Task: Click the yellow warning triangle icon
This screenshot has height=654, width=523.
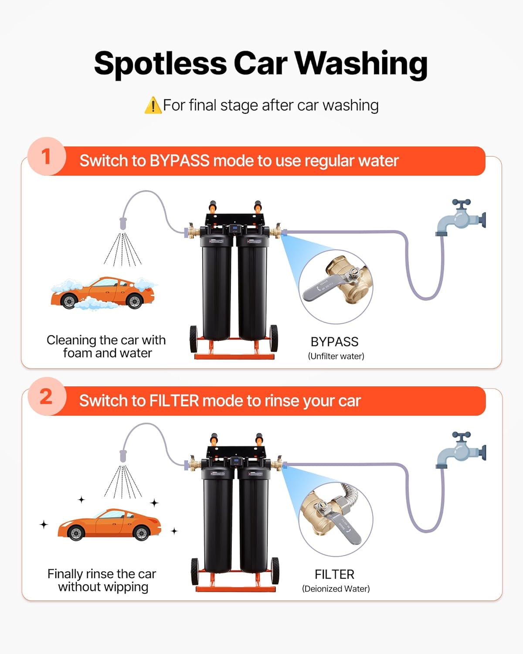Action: [153, 106]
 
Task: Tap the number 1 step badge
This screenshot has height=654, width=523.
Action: [46, 157]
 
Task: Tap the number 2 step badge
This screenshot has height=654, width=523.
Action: [46, 396]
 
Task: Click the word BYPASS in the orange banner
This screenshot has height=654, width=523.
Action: [179, 161]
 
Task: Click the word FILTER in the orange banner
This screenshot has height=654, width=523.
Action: [174, 401]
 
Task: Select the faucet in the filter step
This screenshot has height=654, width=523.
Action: [461, 450]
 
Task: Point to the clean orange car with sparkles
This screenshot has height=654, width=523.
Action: [109, 525]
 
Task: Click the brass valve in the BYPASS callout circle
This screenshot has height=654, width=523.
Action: [349, 279]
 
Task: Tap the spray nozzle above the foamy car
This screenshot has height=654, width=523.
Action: [123, 223]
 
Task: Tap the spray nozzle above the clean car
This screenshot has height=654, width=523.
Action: [123, 456]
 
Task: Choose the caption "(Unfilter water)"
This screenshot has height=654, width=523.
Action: [336, 356]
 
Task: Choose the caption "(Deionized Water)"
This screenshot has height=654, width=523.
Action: [336, 589]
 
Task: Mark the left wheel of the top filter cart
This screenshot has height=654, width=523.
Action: [194, 339]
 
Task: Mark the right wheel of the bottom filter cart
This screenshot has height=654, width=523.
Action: [275, 570]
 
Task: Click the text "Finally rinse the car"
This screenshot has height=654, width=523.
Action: [102, 574]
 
